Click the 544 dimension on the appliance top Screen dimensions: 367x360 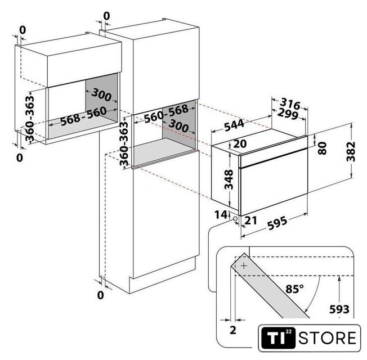tap(234, 125)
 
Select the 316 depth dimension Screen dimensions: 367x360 tap(290, 103)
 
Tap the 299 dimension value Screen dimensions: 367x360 tap(288, 114)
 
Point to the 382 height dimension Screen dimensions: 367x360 tap(351, 151)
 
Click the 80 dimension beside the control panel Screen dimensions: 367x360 tap(323, 148)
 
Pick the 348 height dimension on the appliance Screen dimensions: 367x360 tap(229, 179)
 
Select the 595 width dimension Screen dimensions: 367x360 tap(277, 223)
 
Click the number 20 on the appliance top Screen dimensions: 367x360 tap(240, 144)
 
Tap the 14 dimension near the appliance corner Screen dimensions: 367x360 tap(221, 215)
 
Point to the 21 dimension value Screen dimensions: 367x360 tap(250, 220)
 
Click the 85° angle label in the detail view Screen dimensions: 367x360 tap(294, 289)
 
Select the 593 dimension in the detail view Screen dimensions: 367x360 tap(339, 309)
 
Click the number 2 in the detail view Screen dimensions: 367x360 tap(233, 330)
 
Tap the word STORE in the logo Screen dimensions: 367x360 tap(327, 338)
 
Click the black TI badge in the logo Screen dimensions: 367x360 tap(278, 338)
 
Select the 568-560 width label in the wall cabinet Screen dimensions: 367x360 tap(83, 116)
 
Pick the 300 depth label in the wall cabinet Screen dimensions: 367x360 tap(101, 95)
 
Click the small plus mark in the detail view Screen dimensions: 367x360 tap(244, 265)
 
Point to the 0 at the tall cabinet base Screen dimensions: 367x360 tap(100, 295)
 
